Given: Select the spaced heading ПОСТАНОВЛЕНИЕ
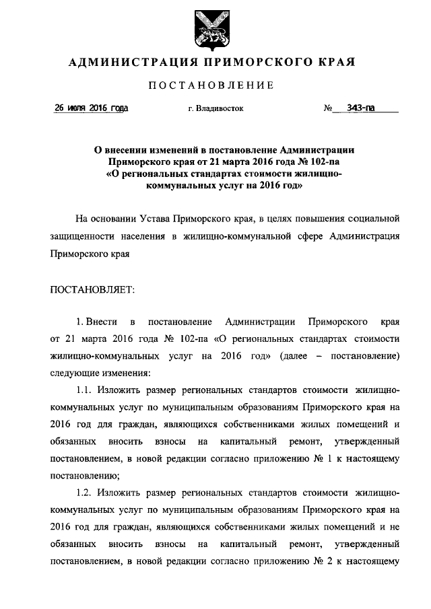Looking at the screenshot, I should [215, 85].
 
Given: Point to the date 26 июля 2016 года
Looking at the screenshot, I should [92, 108].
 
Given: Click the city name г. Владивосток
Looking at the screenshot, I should [215, 108].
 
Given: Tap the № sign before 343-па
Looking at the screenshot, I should [329, 108].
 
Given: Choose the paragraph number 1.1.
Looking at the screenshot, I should [84, 390].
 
